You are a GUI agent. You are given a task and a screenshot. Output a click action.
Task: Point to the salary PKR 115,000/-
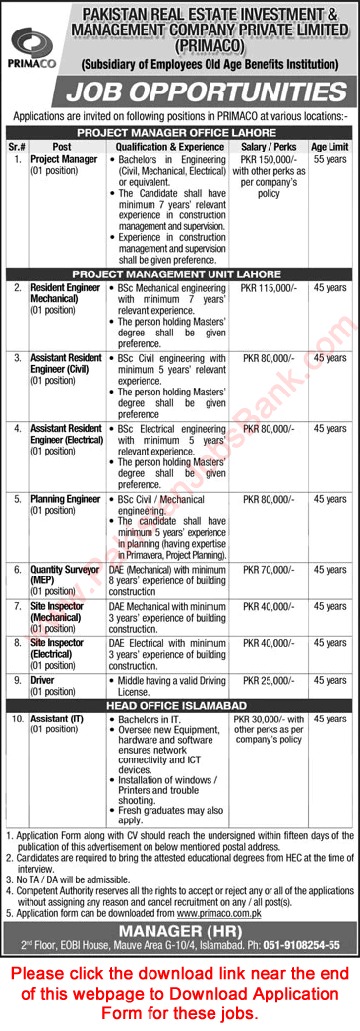pyautogui.click(x=268, y=287)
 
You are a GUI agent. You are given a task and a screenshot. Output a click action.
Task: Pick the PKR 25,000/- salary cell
pyautogui.click(x=268, y=678)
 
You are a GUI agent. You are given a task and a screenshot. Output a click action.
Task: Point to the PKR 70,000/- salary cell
pyautogui.click(x=268, y=569)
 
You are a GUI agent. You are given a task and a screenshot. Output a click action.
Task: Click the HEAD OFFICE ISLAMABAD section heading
pyautogui.click(x=180, y=703)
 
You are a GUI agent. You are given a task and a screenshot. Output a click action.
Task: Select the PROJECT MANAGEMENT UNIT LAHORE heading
pyautogui.click(x=180, y=274)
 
